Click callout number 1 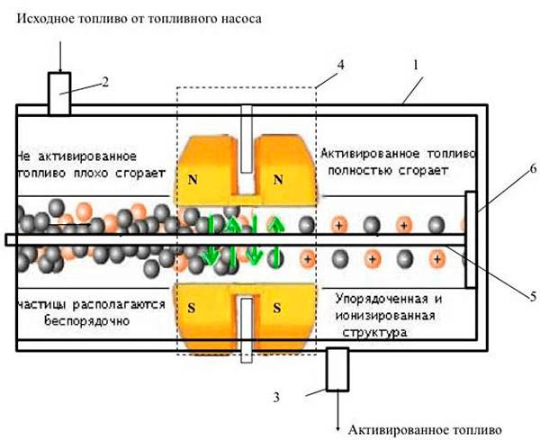pyautogui.click(x=415, y=66)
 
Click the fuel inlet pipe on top pyautogui.click(x=59, y=94)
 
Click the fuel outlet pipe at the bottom pyautogui.click(x=337, y=371)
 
